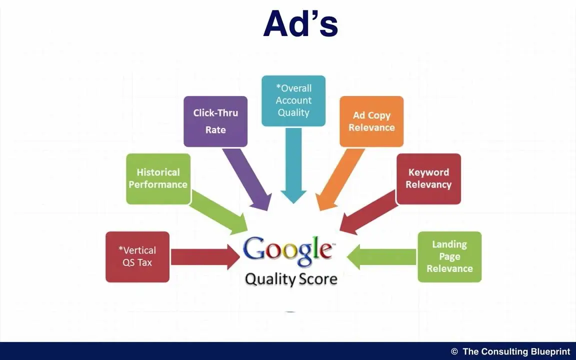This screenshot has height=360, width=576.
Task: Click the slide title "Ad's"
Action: [300, 23]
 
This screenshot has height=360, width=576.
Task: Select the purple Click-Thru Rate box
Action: [215, 121]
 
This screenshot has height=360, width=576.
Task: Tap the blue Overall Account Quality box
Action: [293, 100]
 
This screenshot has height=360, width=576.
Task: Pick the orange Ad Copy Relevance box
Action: [371, 121]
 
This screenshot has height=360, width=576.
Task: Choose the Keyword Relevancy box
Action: [428, 178]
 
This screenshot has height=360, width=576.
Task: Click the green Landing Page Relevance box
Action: [449, 257]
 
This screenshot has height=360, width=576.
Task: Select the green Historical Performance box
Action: [158, 178]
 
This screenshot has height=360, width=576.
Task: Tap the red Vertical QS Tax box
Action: [137, 257]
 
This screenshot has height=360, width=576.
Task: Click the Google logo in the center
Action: [287, 251]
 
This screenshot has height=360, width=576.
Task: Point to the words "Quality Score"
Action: [291, 279]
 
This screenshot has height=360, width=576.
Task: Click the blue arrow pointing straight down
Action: [293, 165]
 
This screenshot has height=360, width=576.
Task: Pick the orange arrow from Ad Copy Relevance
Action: [339, 179]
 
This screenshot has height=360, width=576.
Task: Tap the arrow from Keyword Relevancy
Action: [368, 212]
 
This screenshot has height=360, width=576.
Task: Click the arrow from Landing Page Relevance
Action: [381, 257]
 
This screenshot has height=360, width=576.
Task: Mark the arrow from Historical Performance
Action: [218, 212]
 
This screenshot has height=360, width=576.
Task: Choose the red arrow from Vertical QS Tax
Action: [205, 257]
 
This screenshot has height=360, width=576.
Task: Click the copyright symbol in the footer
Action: [454, 351]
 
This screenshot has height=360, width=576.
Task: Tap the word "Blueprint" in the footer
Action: [550, 351]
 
